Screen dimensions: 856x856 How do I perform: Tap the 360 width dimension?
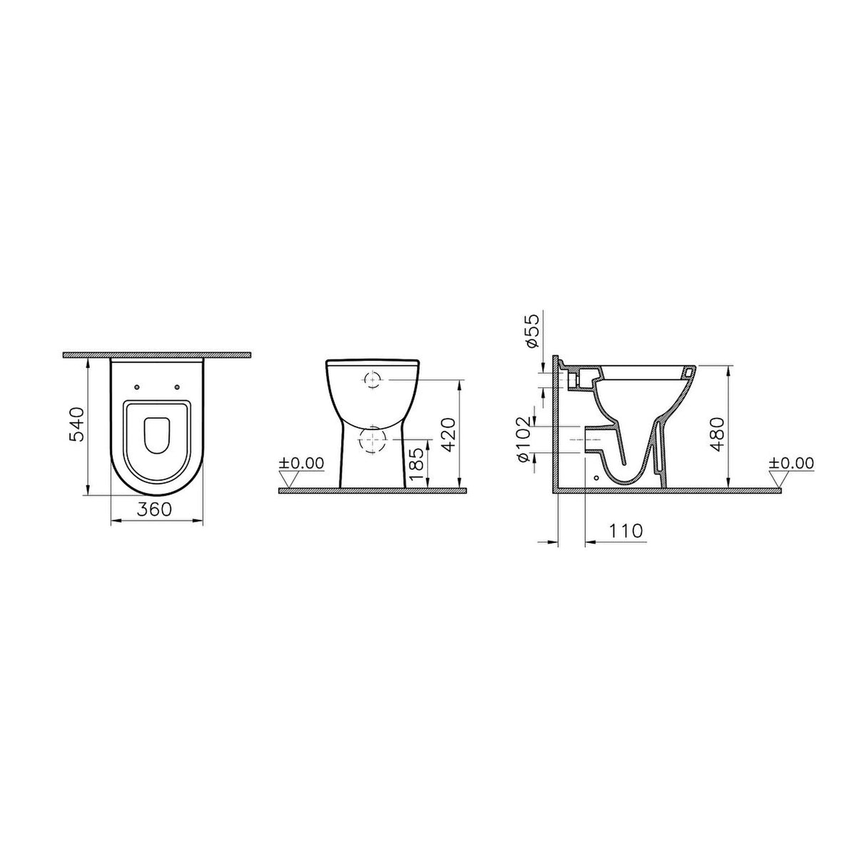coord(154,509)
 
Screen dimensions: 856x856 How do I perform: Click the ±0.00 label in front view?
coord(301,464)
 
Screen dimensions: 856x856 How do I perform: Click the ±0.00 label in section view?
coord(792,464)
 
